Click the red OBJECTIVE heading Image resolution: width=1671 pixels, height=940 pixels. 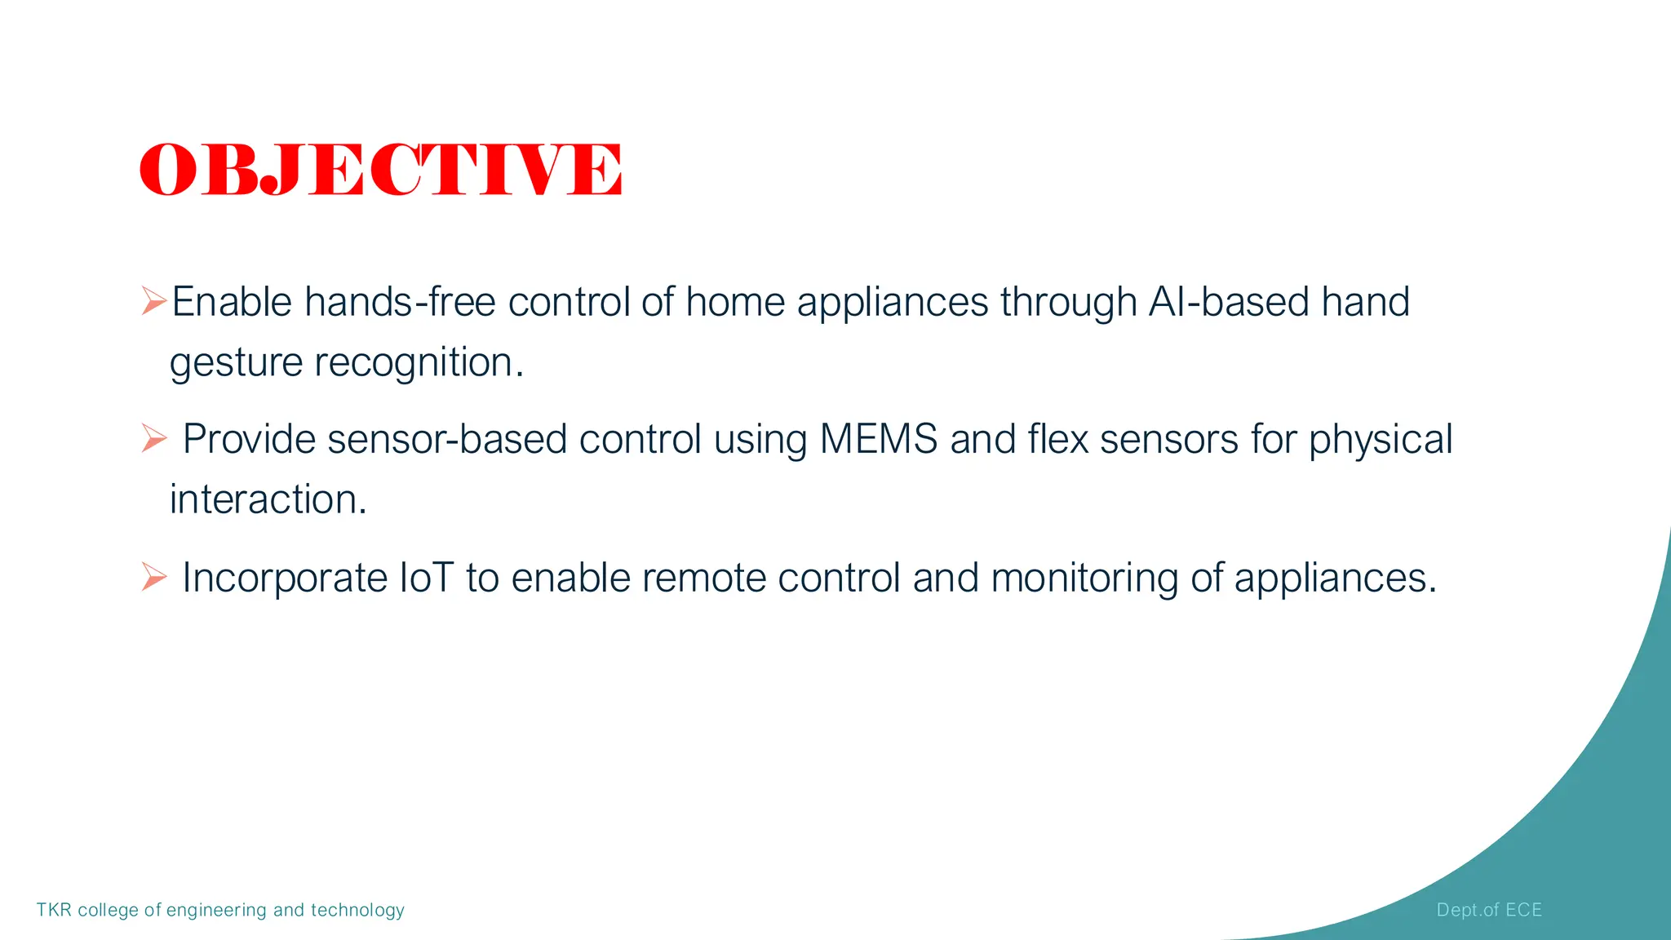pyautogui.click(x=380, y=170)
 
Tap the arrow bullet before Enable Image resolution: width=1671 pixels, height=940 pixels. pyautogui.click(x=153, y=300)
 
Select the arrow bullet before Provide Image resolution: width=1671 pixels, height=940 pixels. pyautogui.click(x=153, y=438)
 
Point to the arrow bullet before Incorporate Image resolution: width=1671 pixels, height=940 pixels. pyautogui.click(x=153, y=576)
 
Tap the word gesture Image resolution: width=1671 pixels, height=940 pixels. pyautogui.click(x=236, y=363)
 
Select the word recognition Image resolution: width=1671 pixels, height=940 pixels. pyautogui.click(x=419, y=361)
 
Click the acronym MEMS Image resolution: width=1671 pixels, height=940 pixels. pyautogui.click(x=878, y=440)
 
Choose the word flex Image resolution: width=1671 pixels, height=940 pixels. pyautogui.click(x=1057, y=440)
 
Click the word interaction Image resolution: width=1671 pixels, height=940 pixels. pyautogui.click(x=268, y=499)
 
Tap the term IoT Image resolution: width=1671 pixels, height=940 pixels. pyautogui.click(x=426, y=578)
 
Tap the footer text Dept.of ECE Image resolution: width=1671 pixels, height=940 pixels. pyautogui.click(x=1489, y=910)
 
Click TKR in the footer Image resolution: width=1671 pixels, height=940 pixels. pyautogui.click(x=54, y=910)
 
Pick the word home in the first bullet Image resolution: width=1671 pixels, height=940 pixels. pyautogui.click(x=734, y=302)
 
